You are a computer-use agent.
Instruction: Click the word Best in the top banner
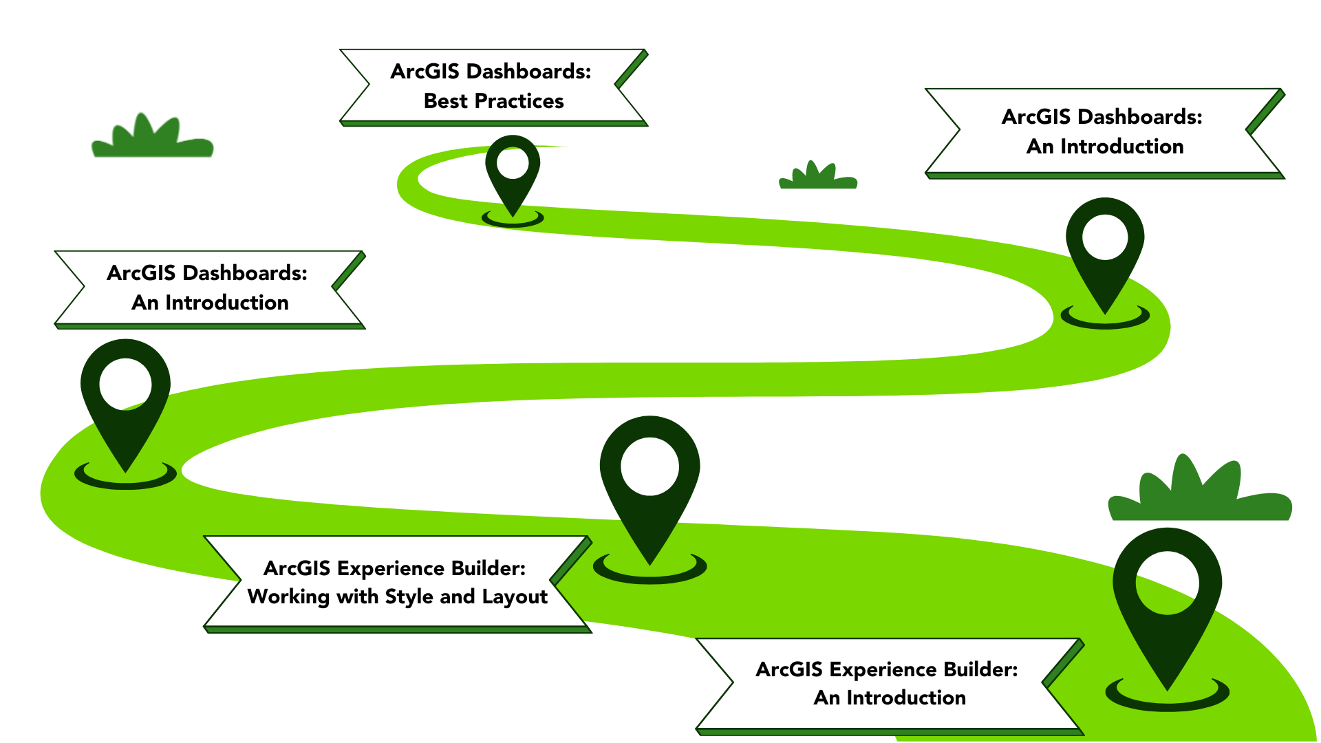(x=445, y=101)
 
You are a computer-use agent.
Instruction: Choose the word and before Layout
(x=457, y=596)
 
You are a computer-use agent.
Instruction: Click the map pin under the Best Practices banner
(x=513, y=172)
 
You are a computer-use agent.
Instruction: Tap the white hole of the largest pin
(x=1167, y=583)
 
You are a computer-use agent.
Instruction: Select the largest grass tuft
(x=1200, y=492)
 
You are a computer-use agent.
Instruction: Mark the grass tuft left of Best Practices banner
(x=152, y=138)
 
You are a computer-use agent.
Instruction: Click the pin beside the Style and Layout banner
(x=649, y=482)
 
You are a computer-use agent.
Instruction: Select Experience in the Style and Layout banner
(x=390, y=568)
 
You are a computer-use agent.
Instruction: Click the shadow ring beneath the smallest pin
(x=513, y=220)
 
